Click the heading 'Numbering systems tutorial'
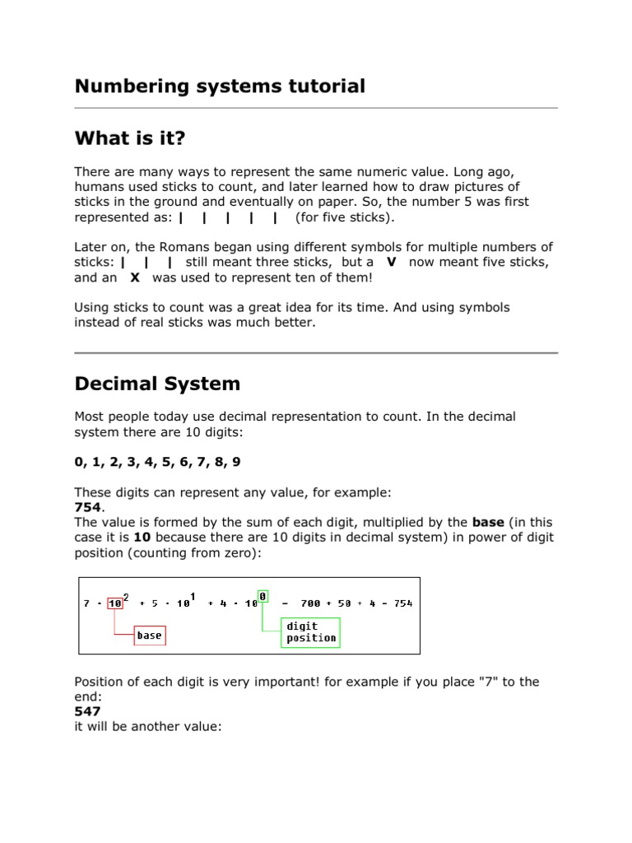pos(220,86)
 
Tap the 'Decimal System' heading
pos(157,384)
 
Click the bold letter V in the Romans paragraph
pos(391,262)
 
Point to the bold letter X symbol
pos(135,277)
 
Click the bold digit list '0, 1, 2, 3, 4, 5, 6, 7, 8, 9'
pos(157,462)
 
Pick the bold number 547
pos(87,711)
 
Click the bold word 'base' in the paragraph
pos(488,522)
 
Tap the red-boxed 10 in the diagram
pos(115,603)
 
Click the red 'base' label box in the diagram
pos(149,636)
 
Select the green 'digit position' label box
pos(310,632)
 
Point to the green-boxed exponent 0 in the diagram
pos(262,595)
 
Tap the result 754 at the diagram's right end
pos(403,603)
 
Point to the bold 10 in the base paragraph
pos(142,538)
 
